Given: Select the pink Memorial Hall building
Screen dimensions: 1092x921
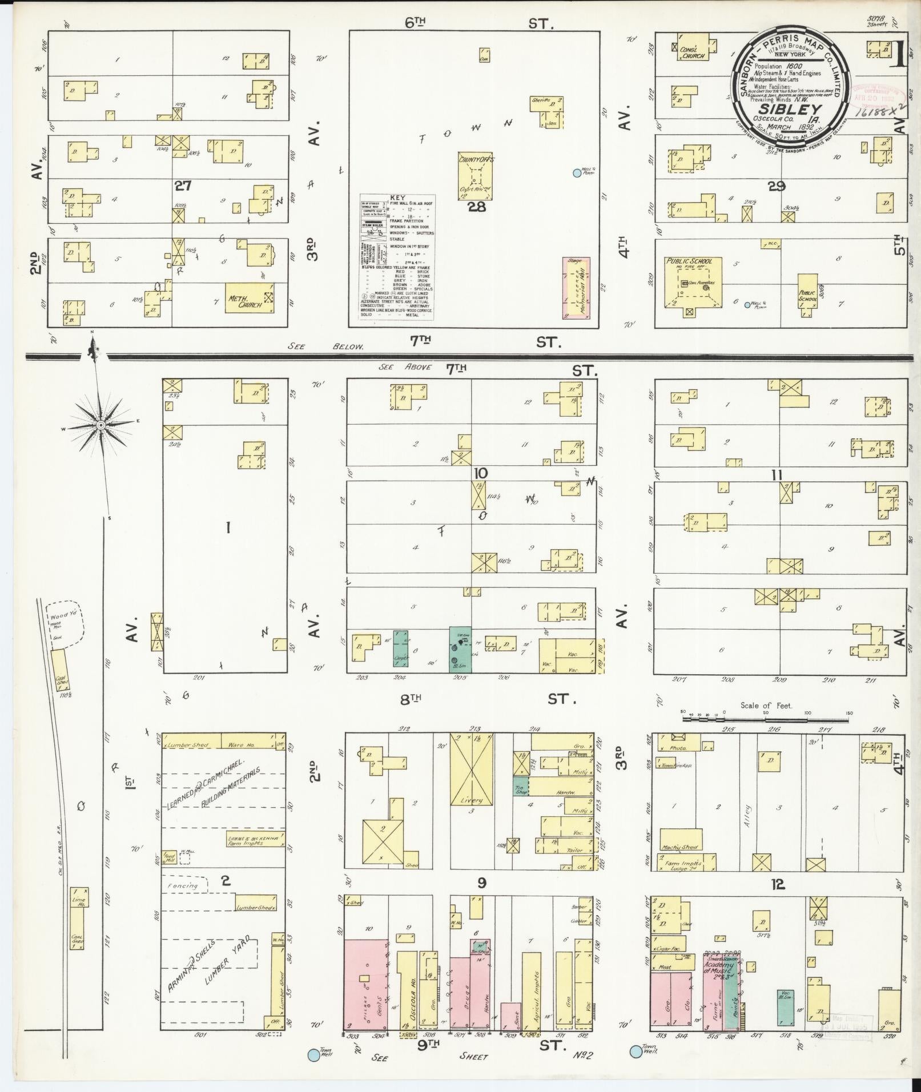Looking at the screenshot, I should [576, 288].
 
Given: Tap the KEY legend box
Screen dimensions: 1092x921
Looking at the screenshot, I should [396, 256].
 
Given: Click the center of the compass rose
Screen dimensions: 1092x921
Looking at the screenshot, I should [100, 425].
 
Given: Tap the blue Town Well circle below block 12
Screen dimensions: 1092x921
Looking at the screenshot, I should [635, 1050].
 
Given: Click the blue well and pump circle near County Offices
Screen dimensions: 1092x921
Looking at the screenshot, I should [577, 173].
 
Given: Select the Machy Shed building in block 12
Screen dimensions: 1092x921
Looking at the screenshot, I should [682, 846].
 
